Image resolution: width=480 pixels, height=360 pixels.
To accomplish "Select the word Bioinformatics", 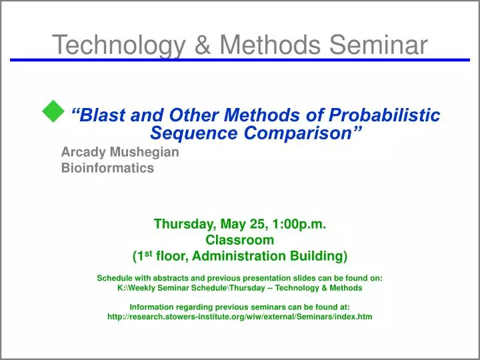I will tap(107, 168).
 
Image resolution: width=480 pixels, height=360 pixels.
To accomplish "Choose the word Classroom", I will tap(239, 240).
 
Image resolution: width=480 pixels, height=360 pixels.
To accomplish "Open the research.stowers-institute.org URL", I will tap(239, 317).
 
